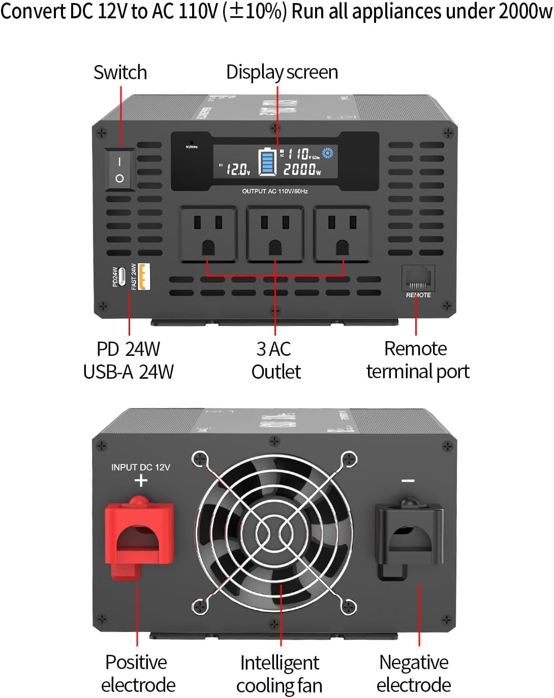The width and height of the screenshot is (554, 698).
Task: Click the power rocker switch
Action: point(119,170)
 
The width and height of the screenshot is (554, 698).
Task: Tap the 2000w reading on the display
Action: point(302,170)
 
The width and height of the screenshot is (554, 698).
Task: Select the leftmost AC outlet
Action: point(208,234)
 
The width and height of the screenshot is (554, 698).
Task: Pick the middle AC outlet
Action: point(275,234)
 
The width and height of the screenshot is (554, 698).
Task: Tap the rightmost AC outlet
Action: point(342,234)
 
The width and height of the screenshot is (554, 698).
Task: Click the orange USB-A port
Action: point(144,277)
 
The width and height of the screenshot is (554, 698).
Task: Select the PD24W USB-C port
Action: point(122,277)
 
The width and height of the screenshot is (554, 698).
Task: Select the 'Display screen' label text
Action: point(282,73)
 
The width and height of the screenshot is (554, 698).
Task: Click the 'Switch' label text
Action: point(120,73)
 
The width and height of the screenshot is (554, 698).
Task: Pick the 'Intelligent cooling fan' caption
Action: point(280,674)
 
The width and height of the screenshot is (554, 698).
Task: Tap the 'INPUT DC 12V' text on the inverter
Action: point(141,468)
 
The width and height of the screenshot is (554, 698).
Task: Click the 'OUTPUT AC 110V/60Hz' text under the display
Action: point(275,191)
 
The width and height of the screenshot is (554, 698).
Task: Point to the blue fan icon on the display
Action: point(327,153)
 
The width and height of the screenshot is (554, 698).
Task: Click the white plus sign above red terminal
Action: point(141,480)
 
